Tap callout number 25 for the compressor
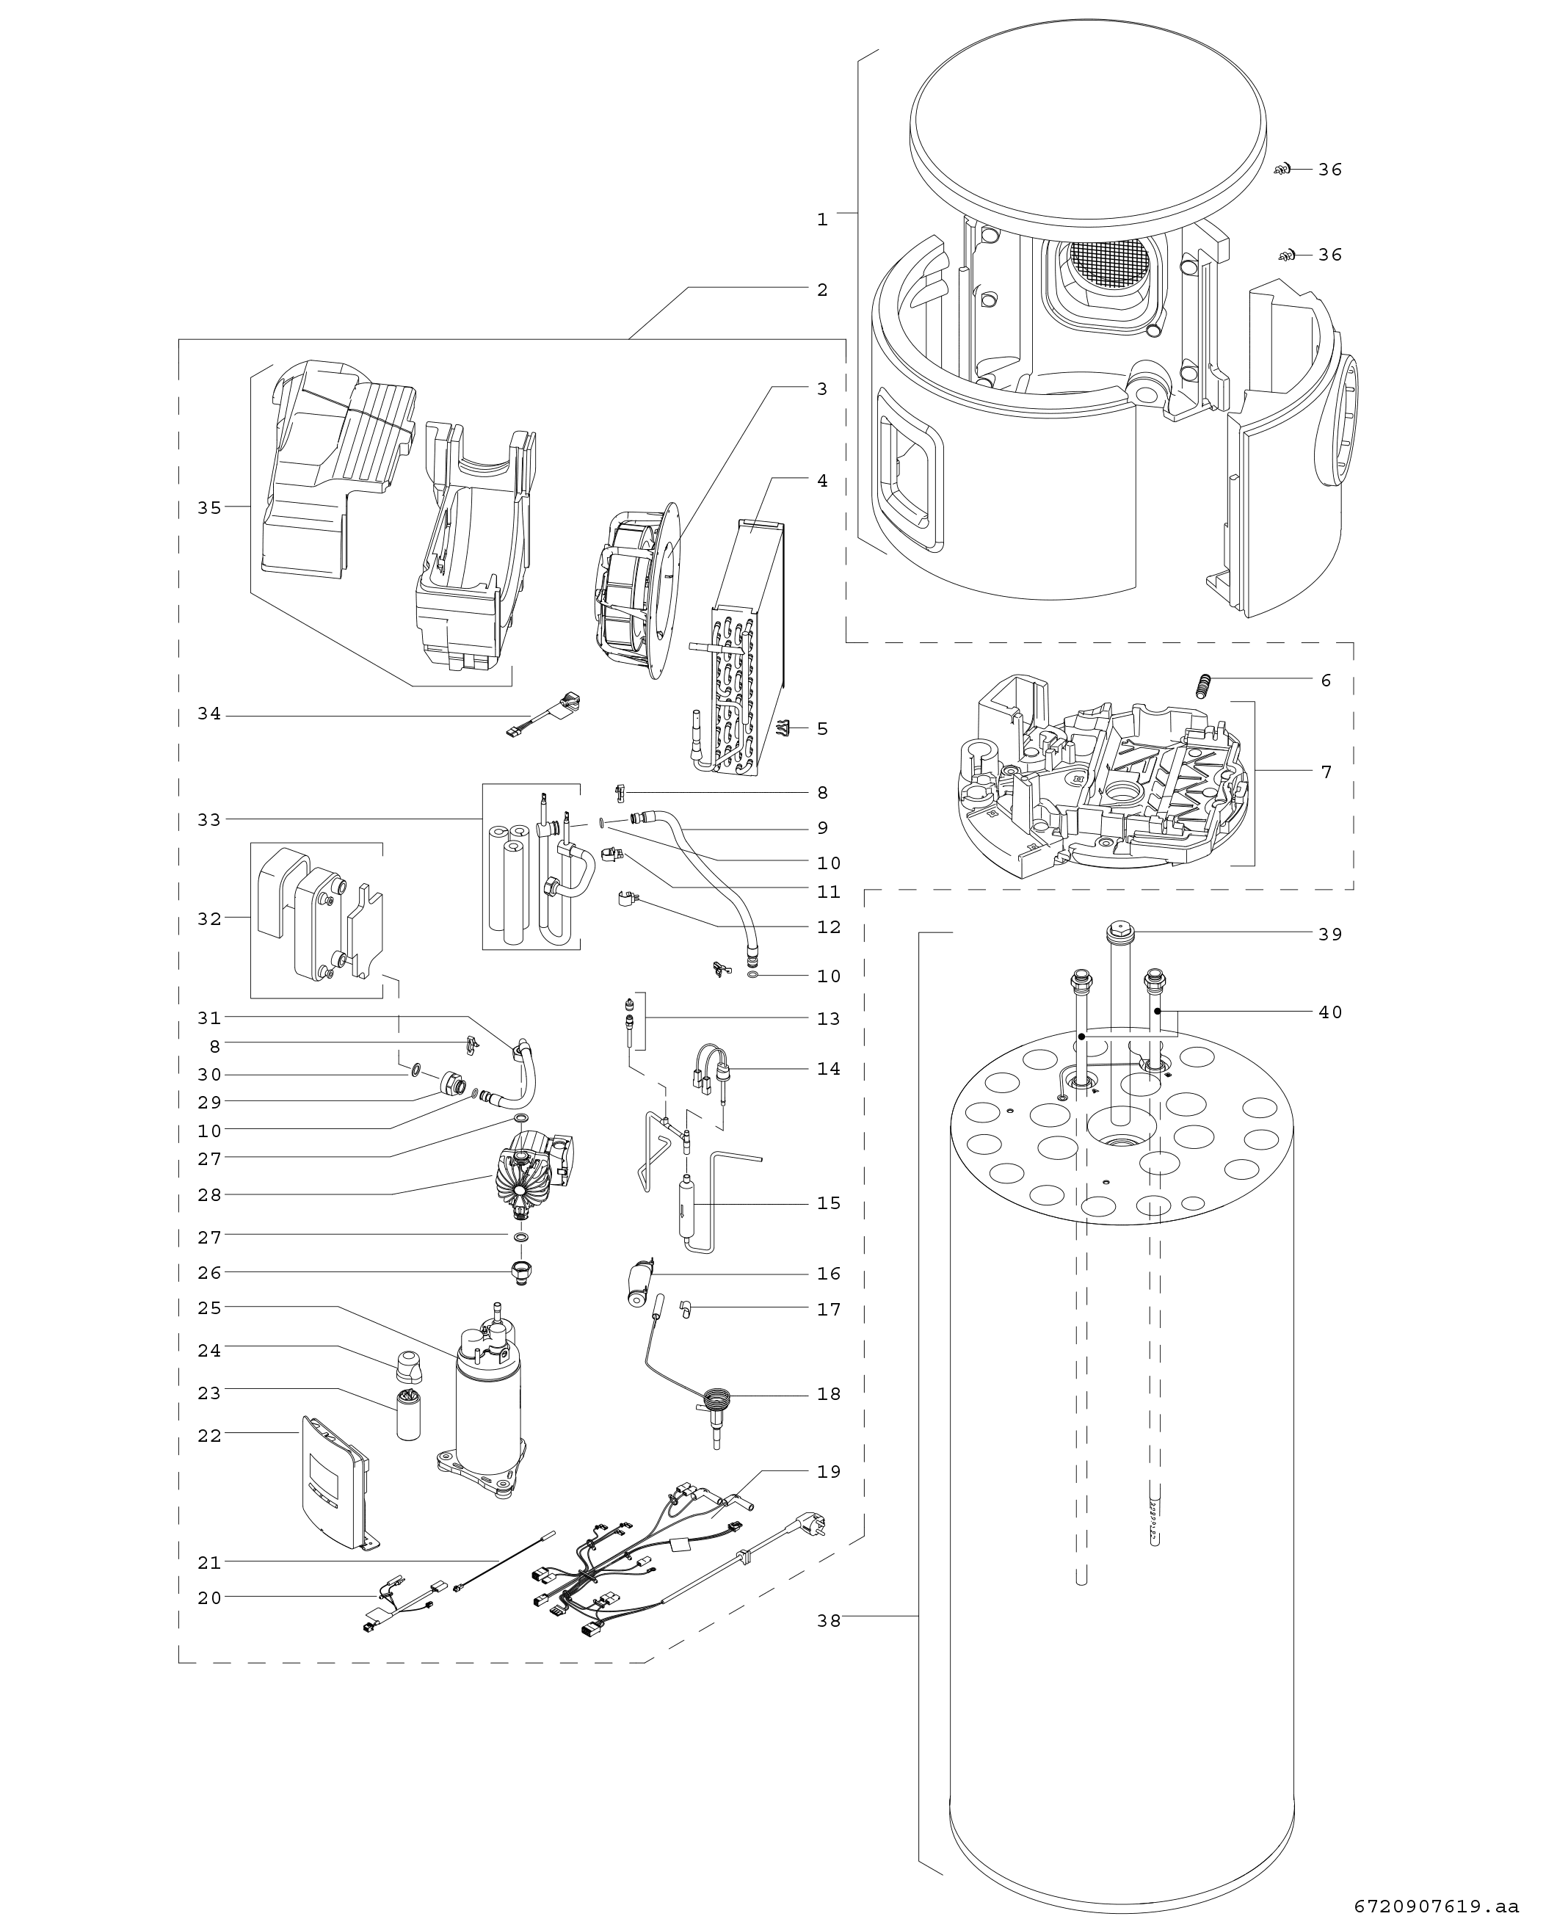tap(209, 1307)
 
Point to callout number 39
tap(1330, 934)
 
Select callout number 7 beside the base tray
tap(1326, 772)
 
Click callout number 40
tap(1330, 1012)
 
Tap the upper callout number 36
tap(1330, 170)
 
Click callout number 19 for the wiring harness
tap(829, 1471)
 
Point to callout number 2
tap(822, 290)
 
